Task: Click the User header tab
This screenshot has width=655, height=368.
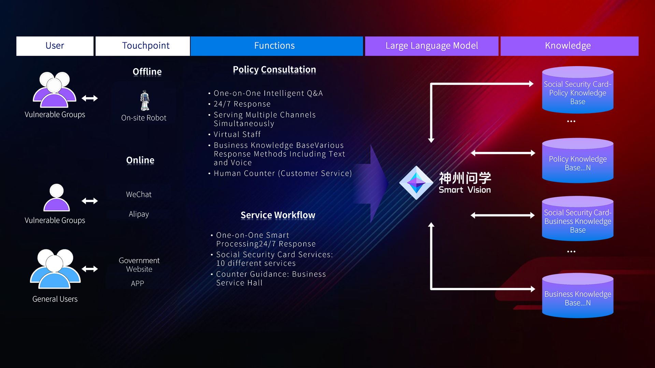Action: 55,46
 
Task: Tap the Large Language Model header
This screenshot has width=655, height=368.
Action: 432,46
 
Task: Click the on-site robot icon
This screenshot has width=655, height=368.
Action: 145,101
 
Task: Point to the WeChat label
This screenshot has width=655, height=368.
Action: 139,195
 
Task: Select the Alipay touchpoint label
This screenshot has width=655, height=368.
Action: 139,214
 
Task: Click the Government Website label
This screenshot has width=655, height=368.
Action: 139,265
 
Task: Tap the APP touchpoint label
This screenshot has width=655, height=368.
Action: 137,283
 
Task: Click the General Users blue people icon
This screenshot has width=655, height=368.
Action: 55,269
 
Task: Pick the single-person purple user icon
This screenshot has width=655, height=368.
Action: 57,198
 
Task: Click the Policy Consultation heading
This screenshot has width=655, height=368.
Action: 274,70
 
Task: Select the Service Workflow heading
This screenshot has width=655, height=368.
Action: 278,215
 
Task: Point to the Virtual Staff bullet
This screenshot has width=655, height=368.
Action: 237,135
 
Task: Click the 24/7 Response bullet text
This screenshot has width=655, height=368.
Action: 242,104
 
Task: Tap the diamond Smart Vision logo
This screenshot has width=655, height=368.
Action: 416,183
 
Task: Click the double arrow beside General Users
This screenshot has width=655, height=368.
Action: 90,269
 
